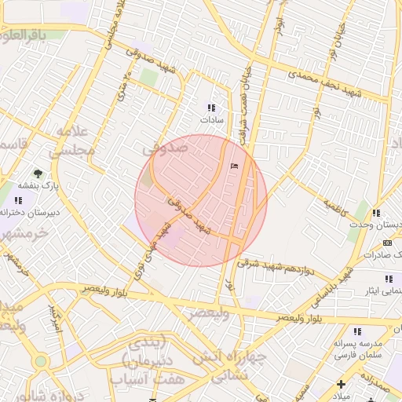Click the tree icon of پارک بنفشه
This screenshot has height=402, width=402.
click(38, 173)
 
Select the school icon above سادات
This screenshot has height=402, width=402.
click(210, 108)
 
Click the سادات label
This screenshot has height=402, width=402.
click(211, 120)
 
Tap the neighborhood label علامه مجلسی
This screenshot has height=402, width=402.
click(75, 140)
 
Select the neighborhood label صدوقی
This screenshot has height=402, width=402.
click(165, 147)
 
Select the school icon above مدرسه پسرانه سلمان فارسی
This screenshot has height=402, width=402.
click(358, 331)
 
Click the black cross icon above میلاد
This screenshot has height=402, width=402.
click(341, 383)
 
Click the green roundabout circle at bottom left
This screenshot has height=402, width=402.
click(40, 361)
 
